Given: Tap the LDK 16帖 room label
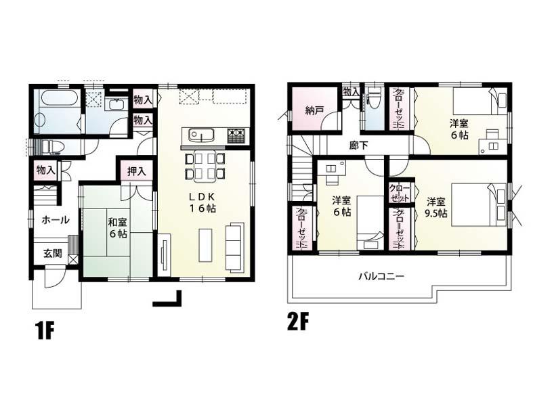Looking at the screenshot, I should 202,202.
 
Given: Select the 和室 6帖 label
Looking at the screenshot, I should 117,227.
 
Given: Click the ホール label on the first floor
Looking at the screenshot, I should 55,220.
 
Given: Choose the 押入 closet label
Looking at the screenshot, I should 137,172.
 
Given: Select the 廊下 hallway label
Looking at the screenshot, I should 359,145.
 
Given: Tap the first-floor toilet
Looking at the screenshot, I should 49,147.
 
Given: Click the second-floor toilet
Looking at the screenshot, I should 374,102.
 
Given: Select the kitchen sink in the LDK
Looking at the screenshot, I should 201,134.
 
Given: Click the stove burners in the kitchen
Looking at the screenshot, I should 236,135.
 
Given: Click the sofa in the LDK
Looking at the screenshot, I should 234,246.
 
